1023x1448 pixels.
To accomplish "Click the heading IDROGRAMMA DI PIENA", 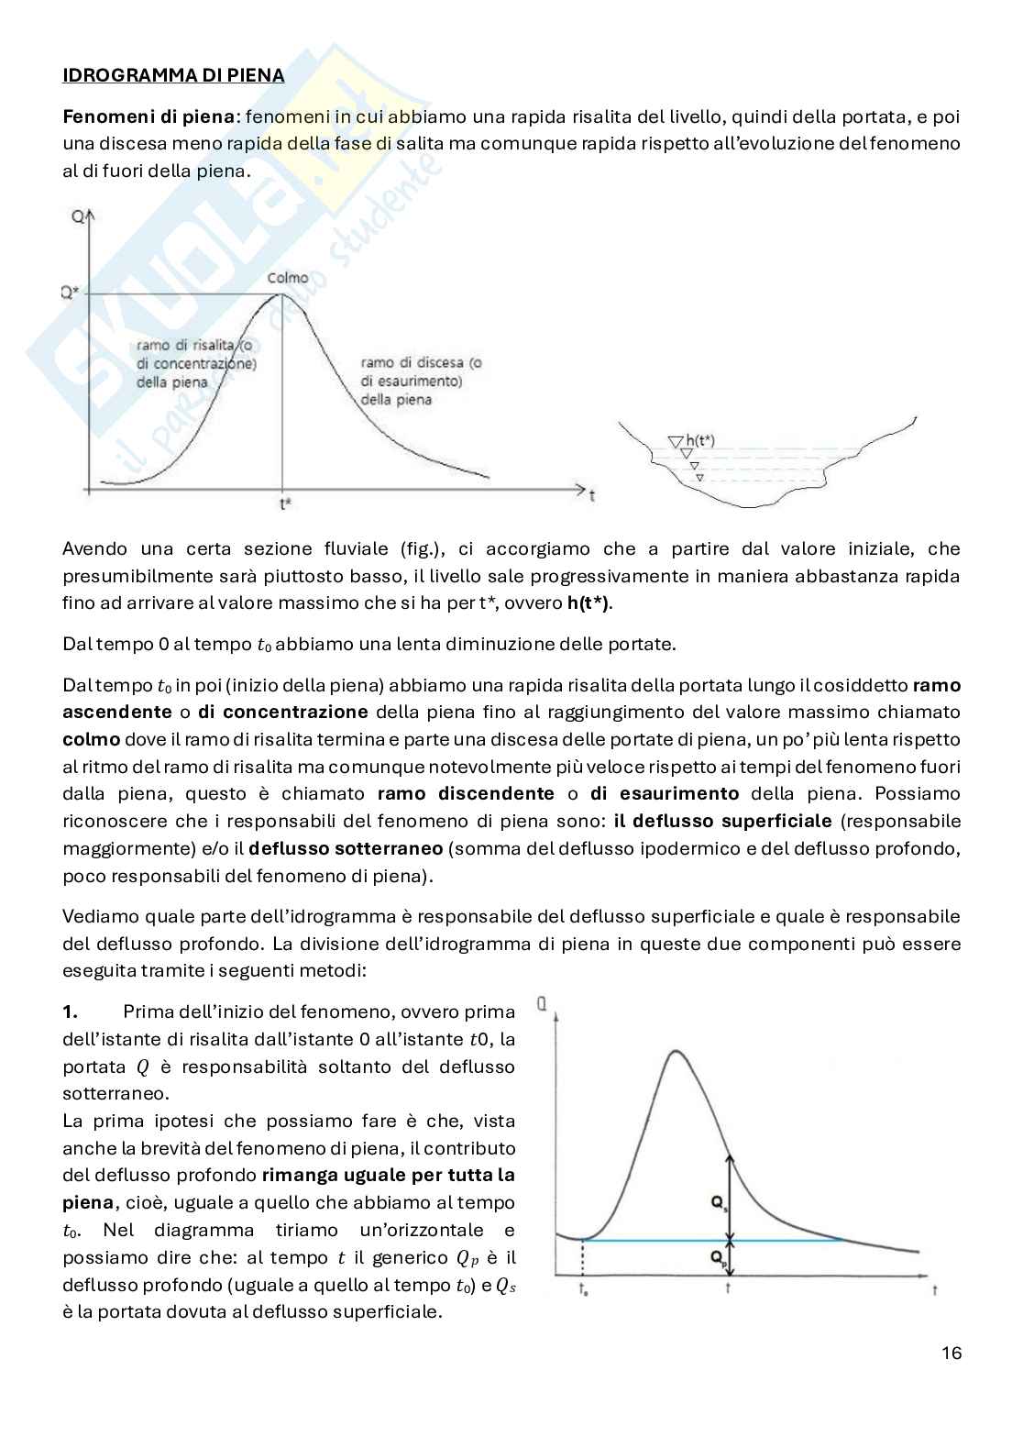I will click(173, 75).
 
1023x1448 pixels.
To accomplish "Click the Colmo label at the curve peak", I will click(288, 278).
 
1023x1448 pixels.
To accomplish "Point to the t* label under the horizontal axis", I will click(285, 503).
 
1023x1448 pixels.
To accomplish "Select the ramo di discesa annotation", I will click(422, 381).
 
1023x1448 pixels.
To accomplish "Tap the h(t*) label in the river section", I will click(699, 441).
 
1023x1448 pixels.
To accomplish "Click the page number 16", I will click(951, 1353).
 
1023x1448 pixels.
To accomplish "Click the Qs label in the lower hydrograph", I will click(719, 1206).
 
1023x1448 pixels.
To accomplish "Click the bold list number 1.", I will click(71, 1011).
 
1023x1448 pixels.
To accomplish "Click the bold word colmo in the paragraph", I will click(91, 739).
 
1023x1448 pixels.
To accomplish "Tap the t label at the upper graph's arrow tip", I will click(593, 496).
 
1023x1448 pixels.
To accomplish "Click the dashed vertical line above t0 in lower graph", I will click(583, 1257).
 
